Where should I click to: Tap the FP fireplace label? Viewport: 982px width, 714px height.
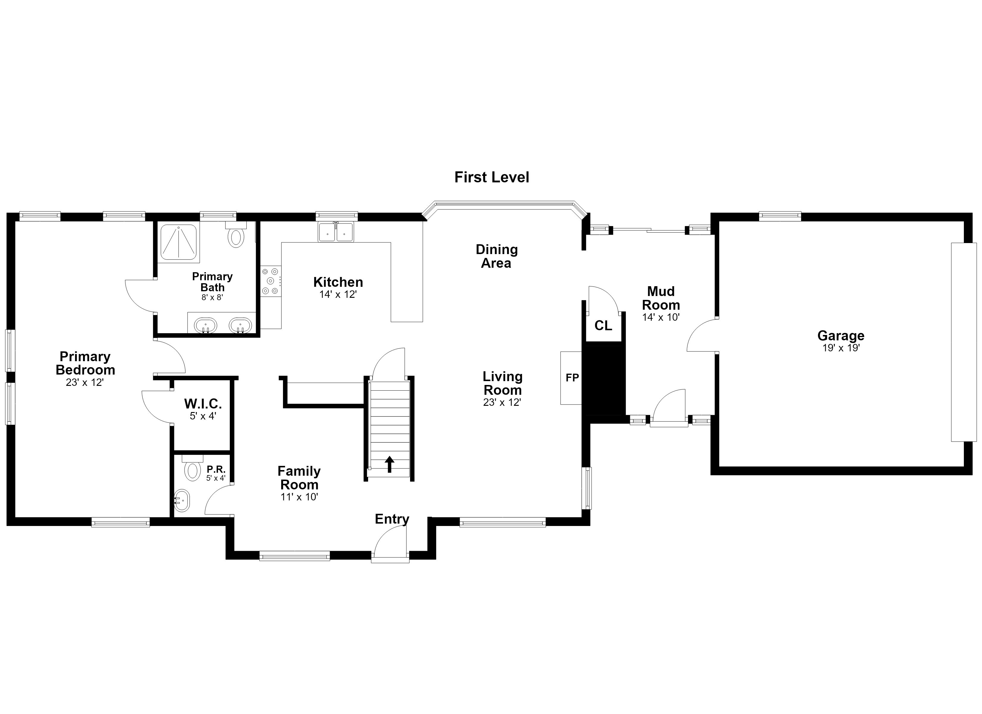pyautogui.click(x=572, y=378)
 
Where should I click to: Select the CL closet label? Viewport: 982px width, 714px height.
pyautogui.click(x=603, y=325)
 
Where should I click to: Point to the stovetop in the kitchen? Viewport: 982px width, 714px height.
pyautogui.click(x=270, y=281)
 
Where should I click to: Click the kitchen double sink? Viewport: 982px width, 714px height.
pyautogui.click(x=336, y=232)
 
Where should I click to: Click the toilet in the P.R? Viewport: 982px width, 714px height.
pyautogui.click(x=192, y=468)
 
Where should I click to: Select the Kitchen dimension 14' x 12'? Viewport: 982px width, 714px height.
pyautogui.click(x=338, y=295)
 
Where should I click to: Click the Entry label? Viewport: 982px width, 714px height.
pyautogui.click(x=392, y=519)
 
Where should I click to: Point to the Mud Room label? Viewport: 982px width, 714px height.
pyautogui.click(x=661, y=298)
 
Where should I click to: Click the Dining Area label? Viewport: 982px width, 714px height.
pyautogui.click(x=497, y=256)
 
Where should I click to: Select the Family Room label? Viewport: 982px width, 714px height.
pyautogui.click(x=299, y=477)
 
